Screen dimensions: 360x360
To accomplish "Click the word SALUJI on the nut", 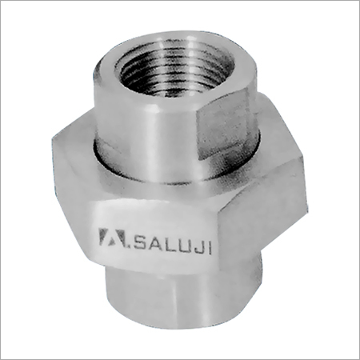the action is tap(174, 243).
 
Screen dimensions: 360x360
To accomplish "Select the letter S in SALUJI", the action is tap(141, 240).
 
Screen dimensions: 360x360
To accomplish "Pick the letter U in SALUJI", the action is tap(186, 245).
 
